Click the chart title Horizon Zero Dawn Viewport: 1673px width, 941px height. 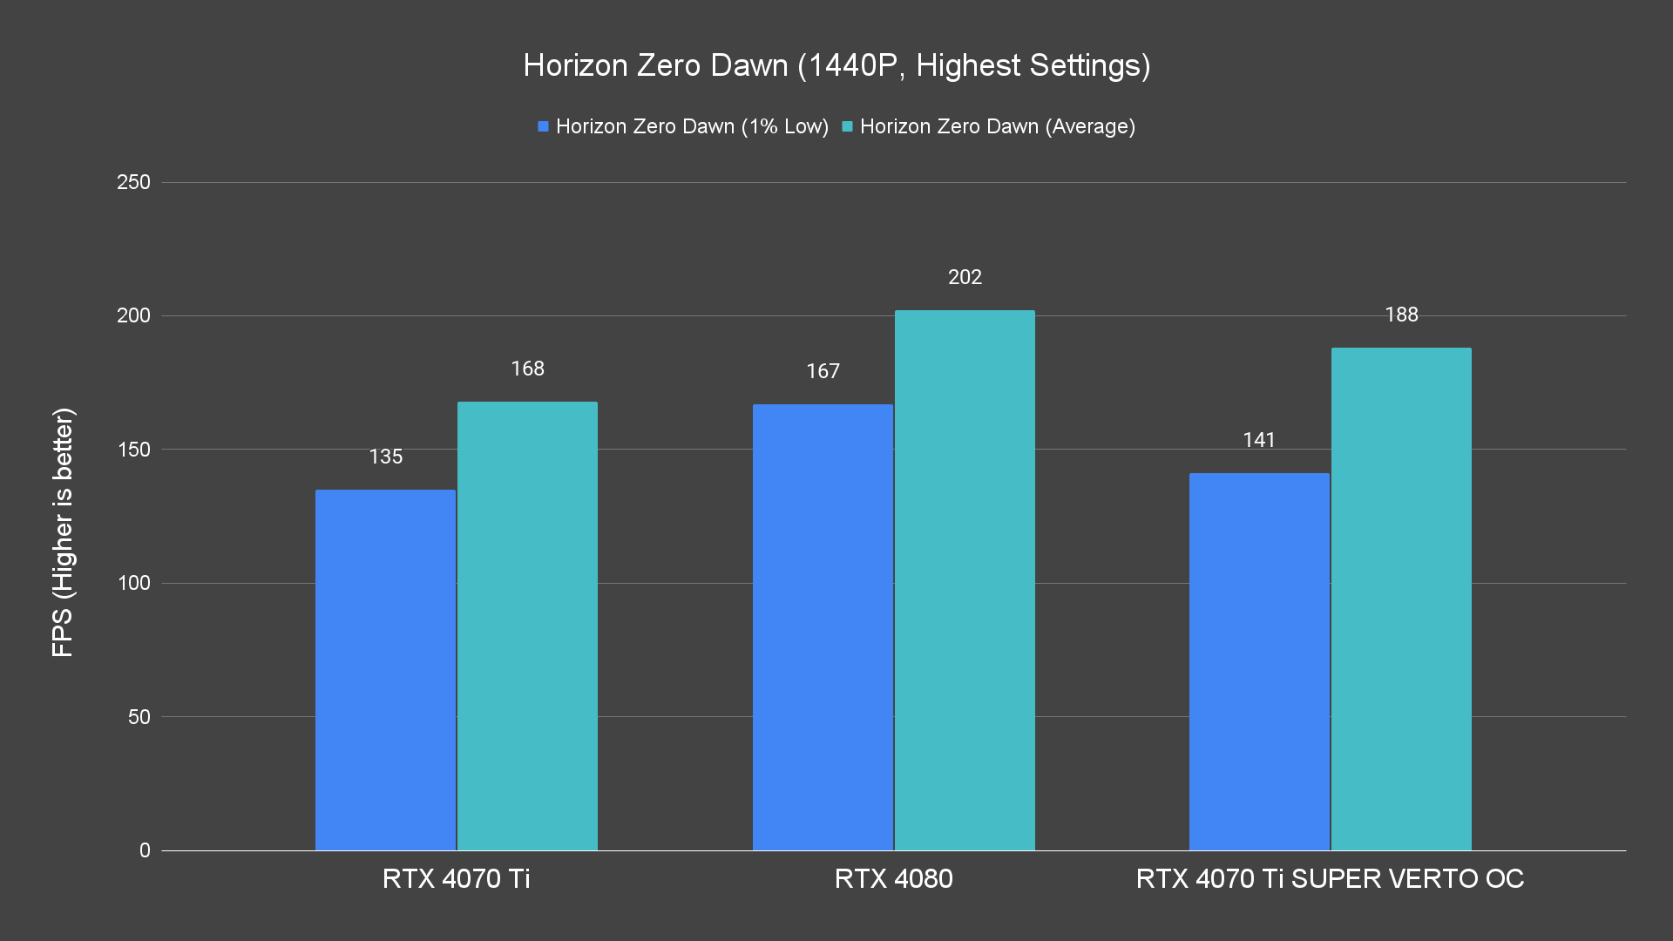(836, 65)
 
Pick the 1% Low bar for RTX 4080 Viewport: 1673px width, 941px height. (823, 627)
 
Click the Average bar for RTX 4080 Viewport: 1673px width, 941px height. (965, 580)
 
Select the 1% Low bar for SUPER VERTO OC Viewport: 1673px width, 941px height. (1259, 662)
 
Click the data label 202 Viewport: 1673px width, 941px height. (965, 277)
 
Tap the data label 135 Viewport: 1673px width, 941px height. (385, 457)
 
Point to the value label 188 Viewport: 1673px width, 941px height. (1401, 315)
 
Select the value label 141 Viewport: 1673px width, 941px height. (1259, 440)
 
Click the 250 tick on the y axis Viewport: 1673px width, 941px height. (133, 182)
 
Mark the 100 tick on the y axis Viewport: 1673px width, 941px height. (133, 583)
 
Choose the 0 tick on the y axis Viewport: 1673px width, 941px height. (145, 850)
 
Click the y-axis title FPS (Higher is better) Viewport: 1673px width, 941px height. (63, 531)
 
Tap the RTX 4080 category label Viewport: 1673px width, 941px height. (893, 878)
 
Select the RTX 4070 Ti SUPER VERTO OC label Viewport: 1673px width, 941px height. (1330, 878)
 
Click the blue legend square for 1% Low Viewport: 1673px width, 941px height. (543, 127)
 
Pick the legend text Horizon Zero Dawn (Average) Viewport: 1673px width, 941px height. (997, 126)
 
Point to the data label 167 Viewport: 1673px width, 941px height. (823, 371)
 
